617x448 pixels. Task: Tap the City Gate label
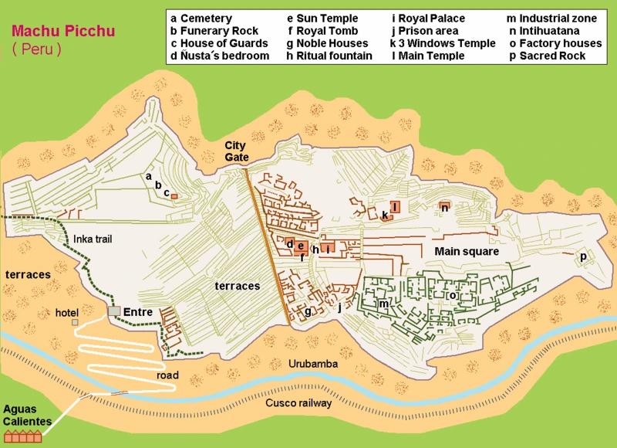[x=237, y=151]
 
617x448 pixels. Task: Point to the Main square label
[x=466, y=252]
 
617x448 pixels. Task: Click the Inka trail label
[x=93, y=239]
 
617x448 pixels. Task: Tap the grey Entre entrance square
[x=114, y=311]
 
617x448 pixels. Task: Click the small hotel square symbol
[x=76, y=322]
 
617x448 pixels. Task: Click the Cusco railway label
[x=298, y=403]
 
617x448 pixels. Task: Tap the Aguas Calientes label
[x=27, y=415]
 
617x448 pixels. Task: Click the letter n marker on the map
[x=445, y=207]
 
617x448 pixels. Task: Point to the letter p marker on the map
[x=583, y=256]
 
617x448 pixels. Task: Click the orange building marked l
[x=394, y=206]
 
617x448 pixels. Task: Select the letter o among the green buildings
[x=453, y=295]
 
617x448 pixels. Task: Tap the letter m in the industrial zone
[x=383, y=304]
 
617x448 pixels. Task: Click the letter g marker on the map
[x=308, y=311]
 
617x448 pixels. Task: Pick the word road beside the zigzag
[x=167, y=375]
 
